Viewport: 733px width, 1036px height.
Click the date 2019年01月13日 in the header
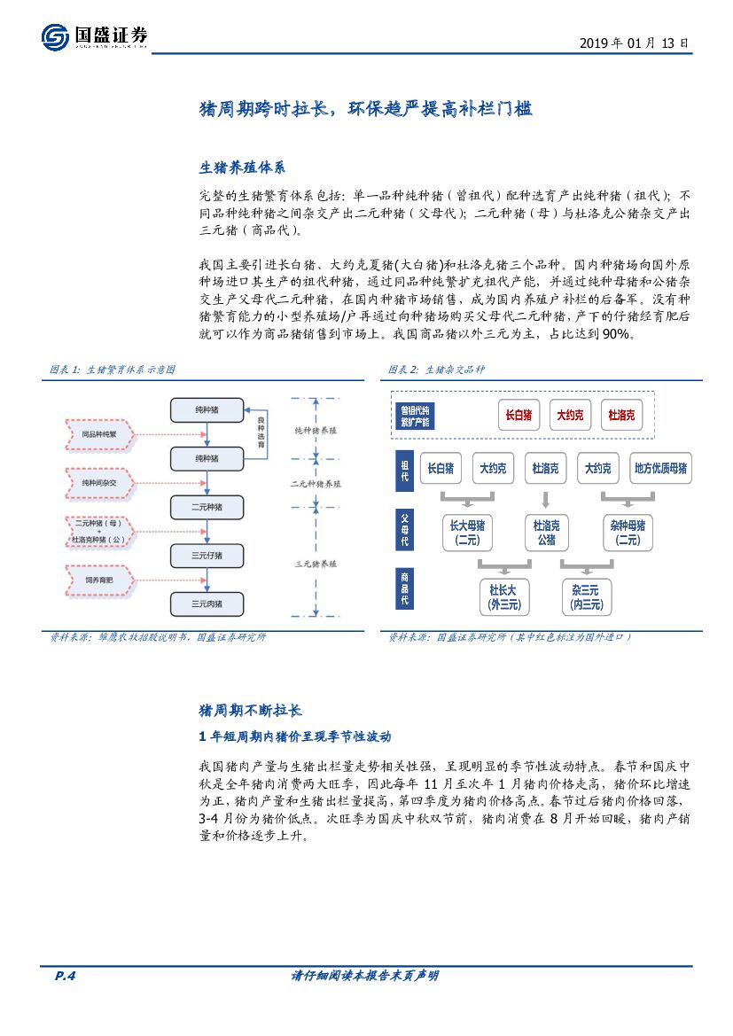click(x=634, y=43)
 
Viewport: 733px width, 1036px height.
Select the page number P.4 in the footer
click(x=66, y=976)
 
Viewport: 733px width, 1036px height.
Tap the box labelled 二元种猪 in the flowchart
click(x=207, y=507)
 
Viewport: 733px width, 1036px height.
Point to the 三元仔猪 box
click(x=207, y=556)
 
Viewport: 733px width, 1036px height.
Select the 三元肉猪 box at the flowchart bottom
click(x=207, y=604)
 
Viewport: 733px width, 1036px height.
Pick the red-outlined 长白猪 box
click(x=519, y=414)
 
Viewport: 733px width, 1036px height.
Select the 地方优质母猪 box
click(x=660, y=468)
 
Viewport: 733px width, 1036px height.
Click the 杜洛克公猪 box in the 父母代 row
click(x=545, y=532)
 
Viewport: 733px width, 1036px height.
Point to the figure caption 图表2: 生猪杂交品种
click(x=436, y=369)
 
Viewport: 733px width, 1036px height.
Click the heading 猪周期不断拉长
click(x=250, y=710)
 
